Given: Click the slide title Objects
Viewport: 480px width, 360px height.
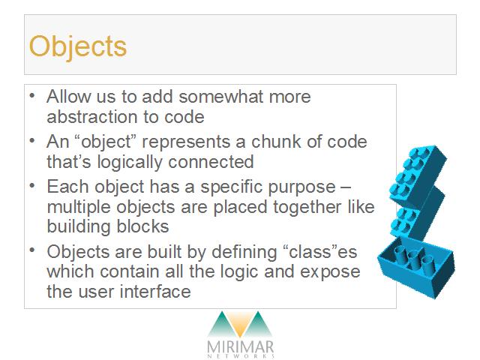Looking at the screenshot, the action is click(78, 46).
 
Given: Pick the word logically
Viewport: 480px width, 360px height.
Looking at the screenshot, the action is click(130, 163).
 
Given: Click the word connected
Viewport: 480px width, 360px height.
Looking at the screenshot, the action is click(211, 162).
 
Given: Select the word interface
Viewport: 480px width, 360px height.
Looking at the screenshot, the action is click(155, 292).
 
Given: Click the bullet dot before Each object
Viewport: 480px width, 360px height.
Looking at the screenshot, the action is click(32, 185).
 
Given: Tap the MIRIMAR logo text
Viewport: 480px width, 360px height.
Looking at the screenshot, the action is click(240, 347).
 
